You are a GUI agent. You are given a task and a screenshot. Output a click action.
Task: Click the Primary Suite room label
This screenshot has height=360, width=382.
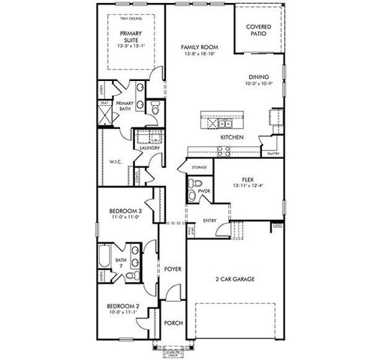coord(125,38)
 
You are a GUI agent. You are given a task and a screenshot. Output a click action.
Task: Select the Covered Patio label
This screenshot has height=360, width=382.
coord(258,31)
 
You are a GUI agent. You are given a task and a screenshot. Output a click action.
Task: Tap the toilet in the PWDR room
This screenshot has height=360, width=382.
coord(193,196)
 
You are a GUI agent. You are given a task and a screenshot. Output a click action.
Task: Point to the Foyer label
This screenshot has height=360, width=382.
coord(173,268)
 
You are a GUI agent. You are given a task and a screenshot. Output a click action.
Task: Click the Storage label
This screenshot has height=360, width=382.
coord(198,167)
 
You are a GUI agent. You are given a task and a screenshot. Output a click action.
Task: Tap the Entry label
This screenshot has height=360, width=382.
coord(210,221)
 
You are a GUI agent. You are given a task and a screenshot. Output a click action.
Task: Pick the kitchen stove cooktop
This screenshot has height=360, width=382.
coord(224,149)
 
